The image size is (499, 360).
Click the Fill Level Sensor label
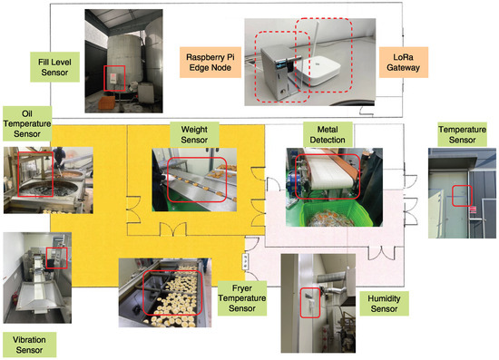click(54, 67)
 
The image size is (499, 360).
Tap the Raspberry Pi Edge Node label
click(210, 63)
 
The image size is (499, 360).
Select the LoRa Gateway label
click(403, 63)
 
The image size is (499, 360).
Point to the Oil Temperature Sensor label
click(27, 123)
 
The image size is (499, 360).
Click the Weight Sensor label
click(194, 134)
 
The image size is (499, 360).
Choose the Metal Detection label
click(328, 134)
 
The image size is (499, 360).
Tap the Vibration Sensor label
click(29, 345)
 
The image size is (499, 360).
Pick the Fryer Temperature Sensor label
click(242, 298)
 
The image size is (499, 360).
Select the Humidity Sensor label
click(384, 304)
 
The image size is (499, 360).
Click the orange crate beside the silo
click(107, 103)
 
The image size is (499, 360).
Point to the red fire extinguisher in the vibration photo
click(15, 301)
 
